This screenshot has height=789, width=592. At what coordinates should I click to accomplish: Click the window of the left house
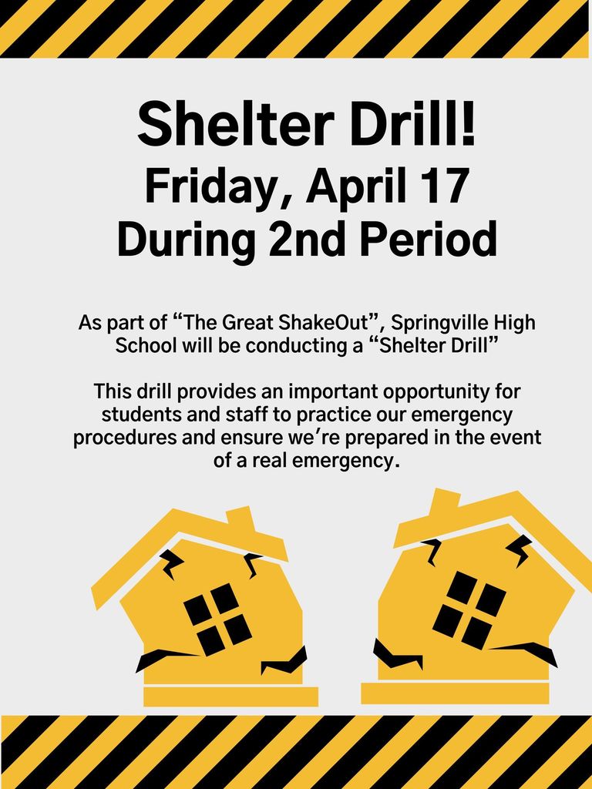[217, 619]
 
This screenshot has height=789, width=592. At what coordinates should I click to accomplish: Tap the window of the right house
[469, 609]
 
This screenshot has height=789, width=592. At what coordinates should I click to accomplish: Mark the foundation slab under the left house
[230, 696]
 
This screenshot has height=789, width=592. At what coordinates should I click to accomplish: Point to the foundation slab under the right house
[455, 693]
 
